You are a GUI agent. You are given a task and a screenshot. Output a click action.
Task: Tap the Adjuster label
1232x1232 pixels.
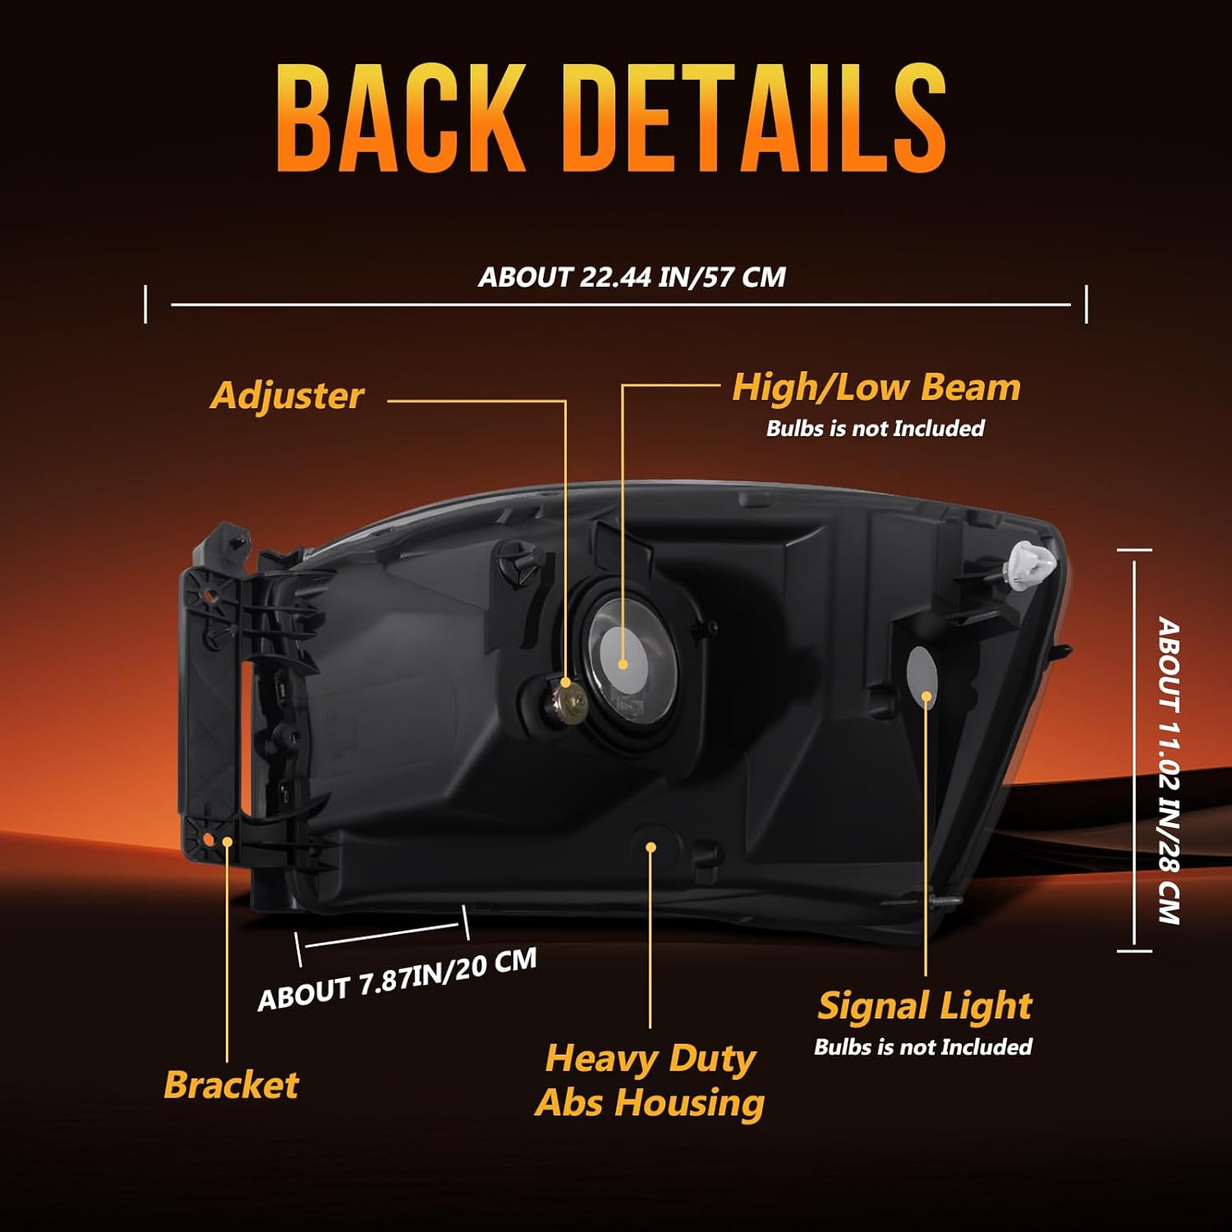(287, 396)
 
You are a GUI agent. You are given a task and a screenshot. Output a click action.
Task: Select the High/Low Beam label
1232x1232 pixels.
(876, 388)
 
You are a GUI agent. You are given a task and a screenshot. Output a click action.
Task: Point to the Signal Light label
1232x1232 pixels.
(925, 1006)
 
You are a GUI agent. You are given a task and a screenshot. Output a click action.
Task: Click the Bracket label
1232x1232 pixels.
(231, 1085)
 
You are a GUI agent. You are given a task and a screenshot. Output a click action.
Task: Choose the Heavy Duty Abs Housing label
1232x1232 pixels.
(650, 1081)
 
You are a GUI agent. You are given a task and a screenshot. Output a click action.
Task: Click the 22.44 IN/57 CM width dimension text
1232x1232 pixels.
(632, 277)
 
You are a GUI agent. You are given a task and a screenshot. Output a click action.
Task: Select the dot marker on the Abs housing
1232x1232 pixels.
(650, 847)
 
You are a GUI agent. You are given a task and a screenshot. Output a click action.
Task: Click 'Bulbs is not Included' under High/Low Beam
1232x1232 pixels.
(875, 428)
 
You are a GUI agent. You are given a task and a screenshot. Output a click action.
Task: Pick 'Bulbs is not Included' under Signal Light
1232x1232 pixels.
(923, 1046)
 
